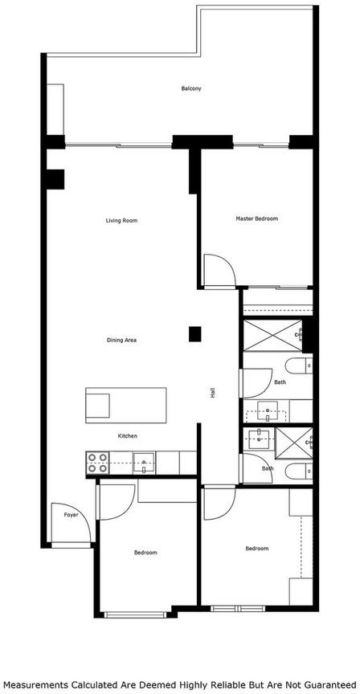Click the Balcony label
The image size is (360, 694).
(191, 88)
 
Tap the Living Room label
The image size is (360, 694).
(121, 220)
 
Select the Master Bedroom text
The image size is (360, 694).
(257, 218)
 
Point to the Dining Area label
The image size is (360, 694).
(121, 341)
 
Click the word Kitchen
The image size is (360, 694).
(128, 436)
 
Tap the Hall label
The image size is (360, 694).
(213, 393)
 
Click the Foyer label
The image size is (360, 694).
(71, 515)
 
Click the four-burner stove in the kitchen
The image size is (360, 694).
(97, 463)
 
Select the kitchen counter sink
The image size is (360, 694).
(145, 463)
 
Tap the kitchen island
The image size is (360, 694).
(126, 405)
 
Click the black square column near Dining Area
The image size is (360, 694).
(194, 334)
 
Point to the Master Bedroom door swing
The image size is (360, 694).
(219, 271)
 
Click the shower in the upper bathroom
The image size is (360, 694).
(272, 336)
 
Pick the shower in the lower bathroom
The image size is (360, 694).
(294, 443)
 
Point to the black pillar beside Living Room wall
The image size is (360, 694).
(55, 179)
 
